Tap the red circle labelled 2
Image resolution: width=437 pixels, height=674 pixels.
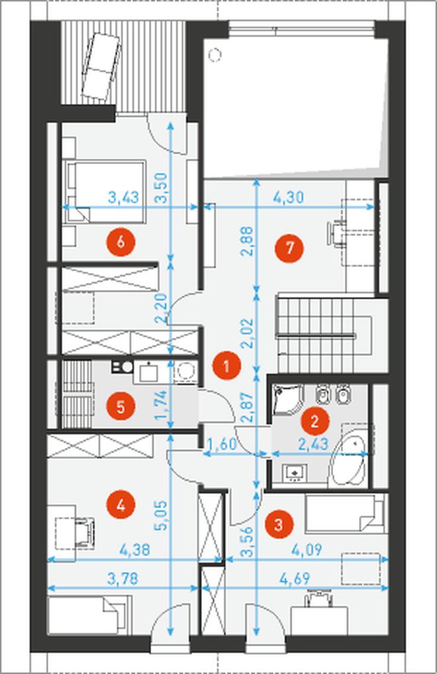pyautogui.click(x=315, y=421)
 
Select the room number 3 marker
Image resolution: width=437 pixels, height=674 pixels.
pyautogui.click(x=279, y=524)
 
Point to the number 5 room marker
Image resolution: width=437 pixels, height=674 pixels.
pyautogui.click(x=121, y=406)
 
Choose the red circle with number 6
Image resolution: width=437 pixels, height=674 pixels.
pyautogui.click(x=121, y=242)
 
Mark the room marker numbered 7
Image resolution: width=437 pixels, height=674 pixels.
pyautogui.click(x=290, y=248)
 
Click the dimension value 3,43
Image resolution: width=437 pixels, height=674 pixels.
pyautogui.click(x=124, y=197)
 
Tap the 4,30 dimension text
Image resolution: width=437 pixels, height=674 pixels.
pyautogui.click(x=289, y=197)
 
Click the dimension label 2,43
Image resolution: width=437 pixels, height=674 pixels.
pyautogui.click(x=313, y=443)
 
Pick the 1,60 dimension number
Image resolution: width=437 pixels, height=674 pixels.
pyautogui.click(x=222, y=444)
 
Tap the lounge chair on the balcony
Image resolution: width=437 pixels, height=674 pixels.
pyautogui.click(x=101, y=67)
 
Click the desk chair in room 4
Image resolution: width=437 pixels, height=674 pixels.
pyautogui.click(x=85, y=532)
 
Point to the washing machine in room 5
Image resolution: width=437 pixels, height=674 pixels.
pyautogui.click(x=186, y=372)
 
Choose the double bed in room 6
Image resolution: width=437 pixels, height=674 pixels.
pyautogui.click(x=105, y=192)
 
